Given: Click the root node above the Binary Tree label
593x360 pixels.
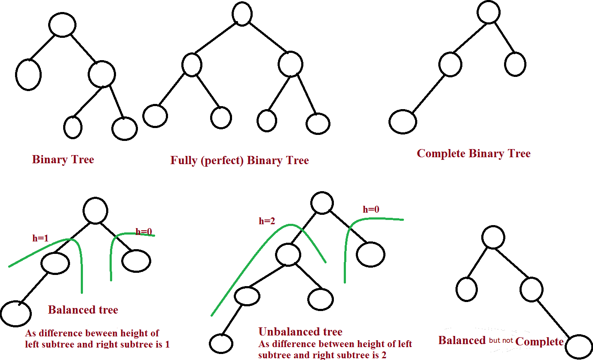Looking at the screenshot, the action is (62, 24).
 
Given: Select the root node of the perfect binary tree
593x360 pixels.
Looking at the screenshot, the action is (242, 14).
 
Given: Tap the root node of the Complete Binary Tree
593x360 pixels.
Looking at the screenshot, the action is (489, 12).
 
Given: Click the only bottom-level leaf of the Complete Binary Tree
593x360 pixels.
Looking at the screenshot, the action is (403, 122).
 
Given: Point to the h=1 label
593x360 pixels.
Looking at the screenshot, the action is (40, 238).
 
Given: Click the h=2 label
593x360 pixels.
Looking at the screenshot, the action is (267, 221).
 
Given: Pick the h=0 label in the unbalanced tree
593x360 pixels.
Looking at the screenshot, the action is (371, 209).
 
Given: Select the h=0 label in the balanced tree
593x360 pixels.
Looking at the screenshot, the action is (144, 232).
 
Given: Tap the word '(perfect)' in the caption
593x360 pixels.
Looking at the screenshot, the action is (222, 161).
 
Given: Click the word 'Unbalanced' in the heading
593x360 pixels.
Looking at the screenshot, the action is (288, 332).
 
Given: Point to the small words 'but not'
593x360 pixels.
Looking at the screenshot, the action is (501, 340).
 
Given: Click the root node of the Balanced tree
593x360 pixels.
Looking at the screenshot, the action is (95, 211).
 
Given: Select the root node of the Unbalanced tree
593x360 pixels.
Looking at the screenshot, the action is (322, 203).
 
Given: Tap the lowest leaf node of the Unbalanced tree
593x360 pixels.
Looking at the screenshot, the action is (221, 344).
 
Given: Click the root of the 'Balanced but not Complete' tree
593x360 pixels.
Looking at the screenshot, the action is (493, 237).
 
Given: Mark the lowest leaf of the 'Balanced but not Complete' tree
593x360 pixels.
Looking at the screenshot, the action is (579, 347).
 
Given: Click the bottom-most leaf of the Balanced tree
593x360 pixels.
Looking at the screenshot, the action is (16, 314).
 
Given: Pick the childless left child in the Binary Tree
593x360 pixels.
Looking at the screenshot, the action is (28, 75).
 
